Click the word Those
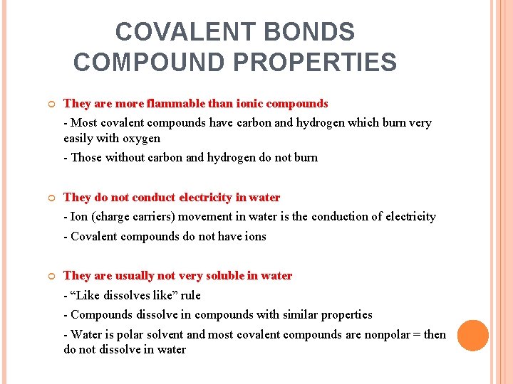[87, 157]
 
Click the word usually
[130, 276]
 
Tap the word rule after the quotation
[191, 295]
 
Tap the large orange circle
[472, 336]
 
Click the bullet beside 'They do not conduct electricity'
[51, 198]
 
